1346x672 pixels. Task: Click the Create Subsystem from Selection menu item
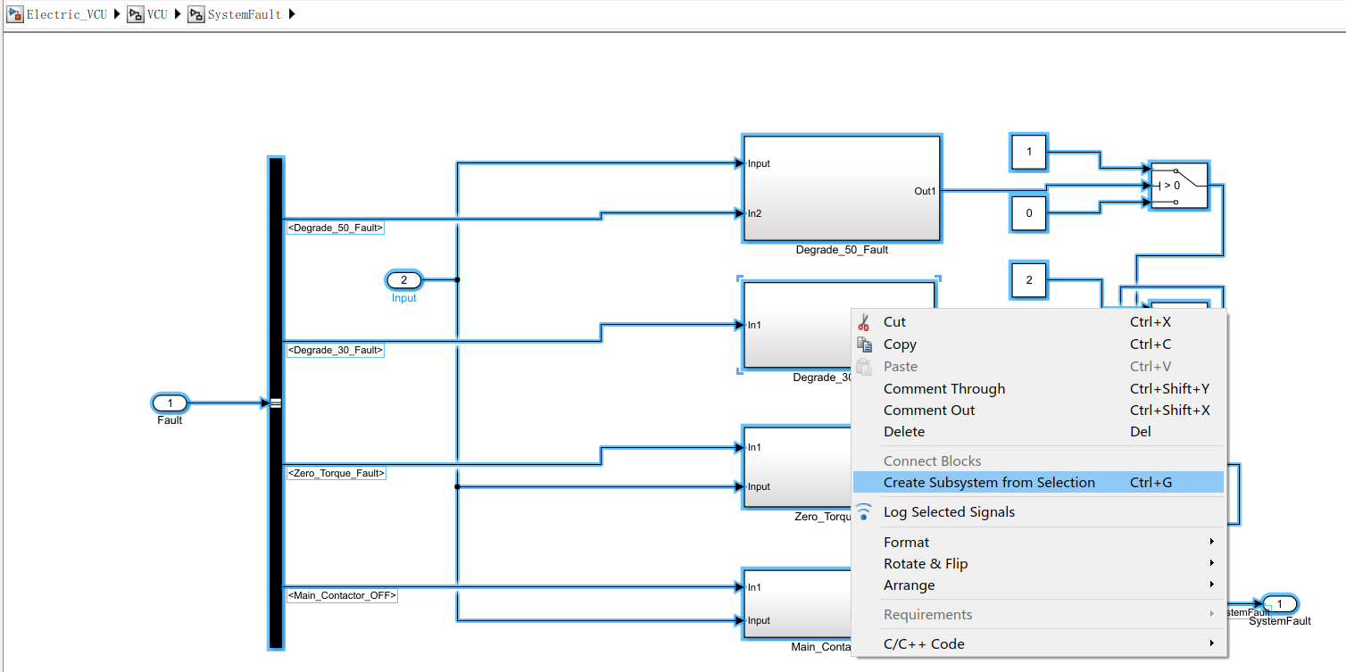click(989, 483)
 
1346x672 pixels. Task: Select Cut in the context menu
click(894, 322)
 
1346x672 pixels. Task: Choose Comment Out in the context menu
click(929, 411)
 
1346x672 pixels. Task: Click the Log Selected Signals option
click(949, 512)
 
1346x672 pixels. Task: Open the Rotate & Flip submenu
click(926, 564)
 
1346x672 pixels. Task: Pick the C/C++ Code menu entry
click(924, 644)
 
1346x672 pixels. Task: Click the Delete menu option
click(904, 432)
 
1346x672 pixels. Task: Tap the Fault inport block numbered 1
click(170, 403)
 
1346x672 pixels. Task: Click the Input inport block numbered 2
click(403, 280)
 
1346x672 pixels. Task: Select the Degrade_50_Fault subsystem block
click(841, 188)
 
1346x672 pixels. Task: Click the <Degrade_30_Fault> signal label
click(335, 351)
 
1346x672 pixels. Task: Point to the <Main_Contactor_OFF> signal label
click(341, 595)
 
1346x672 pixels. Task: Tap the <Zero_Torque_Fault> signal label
click(336, 473)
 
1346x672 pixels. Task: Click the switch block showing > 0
click(1178, 186)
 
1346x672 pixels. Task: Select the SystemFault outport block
click(1279, 604)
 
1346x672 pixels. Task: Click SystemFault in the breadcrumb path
click(244, 14)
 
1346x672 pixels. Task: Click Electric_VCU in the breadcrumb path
click(66, 14)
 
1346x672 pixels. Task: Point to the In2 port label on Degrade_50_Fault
click(754, 213)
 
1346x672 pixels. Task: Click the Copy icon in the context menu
click(864, 344)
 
